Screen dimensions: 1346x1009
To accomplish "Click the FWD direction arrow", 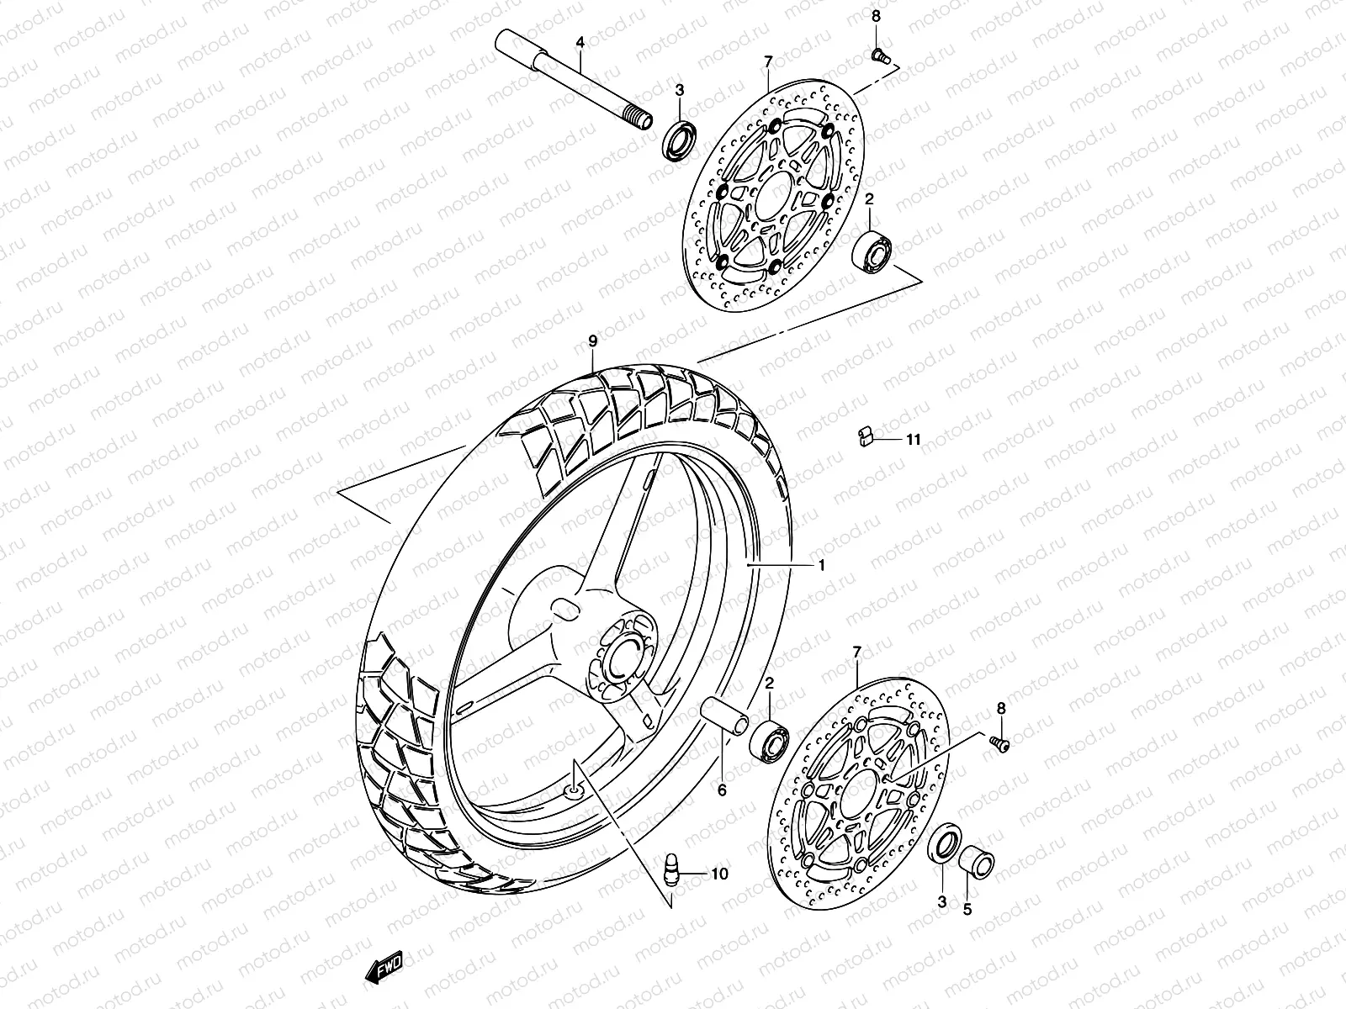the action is (x=384, y=967).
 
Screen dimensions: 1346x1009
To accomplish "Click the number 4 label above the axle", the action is (x=580, y=42).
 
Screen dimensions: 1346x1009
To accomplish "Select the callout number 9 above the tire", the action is (x=592, y=341).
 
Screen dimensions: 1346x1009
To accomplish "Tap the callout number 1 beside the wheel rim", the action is (x=822, y=565).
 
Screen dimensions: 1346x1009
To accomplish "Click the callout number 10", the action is (x=720, y=874).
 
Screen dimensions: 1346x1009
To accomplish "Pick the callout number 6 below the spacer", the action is (x=722, y=790).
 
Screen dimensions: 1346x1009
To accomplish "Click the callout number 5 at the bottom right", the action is (x=967, y=910).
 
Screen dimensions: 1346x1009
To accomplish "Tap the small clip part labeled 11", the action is (x=866, y=436).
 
